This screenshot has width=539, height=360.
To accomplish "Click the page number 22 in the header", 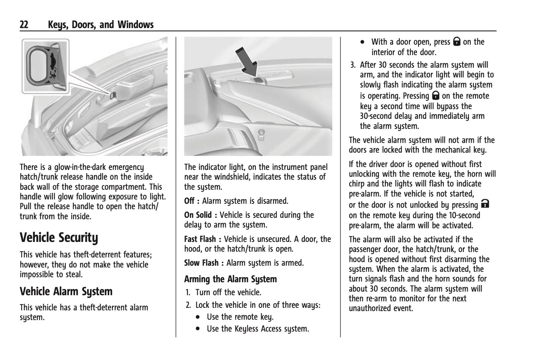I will click(24, 25).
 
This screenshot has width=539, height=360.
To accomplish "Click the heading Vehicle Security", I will click(59, 237).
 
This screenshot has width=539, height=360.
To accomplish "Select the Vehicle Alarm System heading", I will click(66, 291).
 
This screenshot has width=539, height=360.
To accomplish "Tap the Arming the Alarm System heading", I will click(230, 279).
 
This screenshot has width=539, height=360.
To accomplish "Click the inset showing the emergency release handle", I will click(46, 66).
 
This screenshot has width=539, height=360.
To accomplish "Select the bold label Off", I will click(189, 201).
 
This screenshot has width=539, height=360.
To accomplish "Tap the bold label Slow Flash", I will click(202, 263).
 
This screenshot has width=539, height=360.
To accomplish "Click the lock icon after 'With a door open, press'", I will click(457, 42).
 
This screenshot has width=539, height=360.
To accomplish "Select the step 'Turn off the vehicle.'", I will click(228, 293).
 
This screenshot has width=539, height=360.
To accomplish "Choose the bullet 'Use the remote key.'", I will click(240, 317).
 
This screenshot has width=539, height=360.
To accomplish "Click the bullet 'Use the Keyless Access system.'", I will click(258, 329).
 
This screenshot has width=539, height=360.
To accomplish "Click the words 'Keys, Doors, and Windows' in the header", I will click(101, 25).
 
